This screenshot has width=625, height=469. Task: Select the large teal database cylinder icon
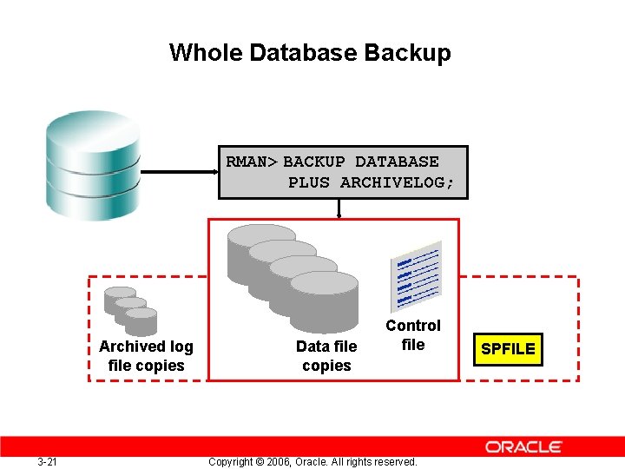93,166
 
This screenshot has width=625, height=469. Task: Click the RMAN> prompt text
252,162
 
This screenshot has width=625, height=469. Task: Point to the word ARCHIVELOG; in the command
397,182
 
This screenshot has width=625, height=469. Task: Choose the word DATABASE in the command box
397,162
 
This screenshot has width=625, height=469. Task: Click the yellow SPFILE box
508,349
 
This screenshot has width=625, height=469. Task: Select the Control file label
413,334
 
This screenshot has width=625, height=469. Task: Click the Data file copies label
326,356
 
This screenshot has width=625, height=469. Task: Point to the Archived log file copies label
146,356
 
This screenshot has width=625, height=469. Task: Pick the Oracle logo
523,446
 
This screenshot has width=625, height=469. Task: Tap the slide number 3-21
48,461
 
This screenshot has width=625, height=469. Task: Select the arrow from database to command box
178,173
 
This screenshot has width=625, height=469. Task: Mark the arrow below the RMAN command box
339,208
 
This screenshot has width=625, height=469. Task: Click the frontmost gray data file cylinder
323,300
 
